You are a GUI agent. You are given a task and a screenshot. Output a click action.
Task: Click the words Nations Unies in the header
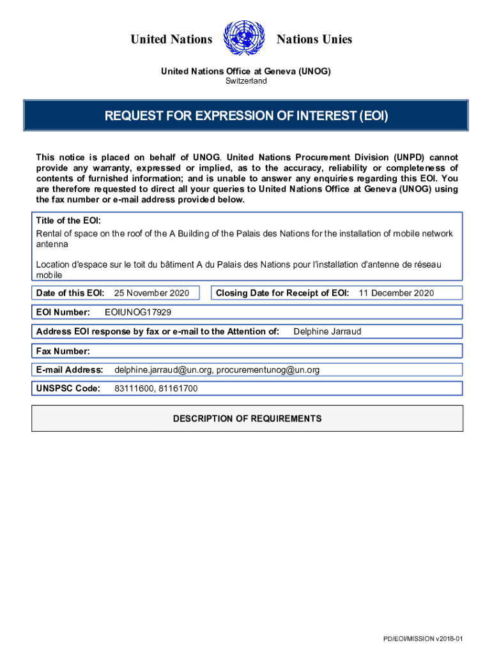coord(314,40)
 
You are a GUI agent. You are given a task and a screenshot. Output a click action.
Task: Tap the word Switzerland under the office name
coord(246,81)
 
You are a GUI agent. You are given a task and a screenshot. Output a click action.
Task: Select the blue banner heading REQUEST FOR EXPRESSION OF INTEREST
coord(246,116)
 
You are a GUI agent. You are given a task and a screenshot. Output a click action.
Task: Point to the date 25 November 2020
coord(151,293)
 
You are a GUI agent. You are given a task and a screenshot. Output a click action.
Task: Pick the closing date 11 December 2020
coord(396,293)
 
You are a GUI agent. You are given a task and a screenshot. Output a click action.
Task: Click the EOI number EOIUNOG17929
coord(137,312)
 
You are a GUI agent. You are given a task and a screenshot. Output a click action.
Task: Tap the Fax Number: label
coord(63,351)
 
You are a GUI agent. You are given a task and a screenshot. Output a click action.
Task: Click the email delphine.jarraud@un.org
coord(164,370)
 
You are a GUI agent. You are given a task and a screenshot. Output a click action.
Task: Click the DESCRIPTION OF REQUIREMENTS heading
coord(247,419)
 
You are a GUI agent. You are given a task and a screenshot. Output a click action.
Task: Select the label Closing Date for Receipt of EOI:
coord(282,293)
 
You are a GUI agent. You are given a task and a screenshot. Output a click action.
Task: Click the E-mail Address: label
coord(70,370)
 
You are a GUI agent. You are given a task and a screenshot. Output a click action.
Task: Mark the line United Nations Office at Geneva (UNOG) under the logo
coord(245,72)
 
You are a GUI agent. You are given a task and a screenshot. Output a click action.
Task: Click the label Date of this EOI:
coord(70,293)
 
